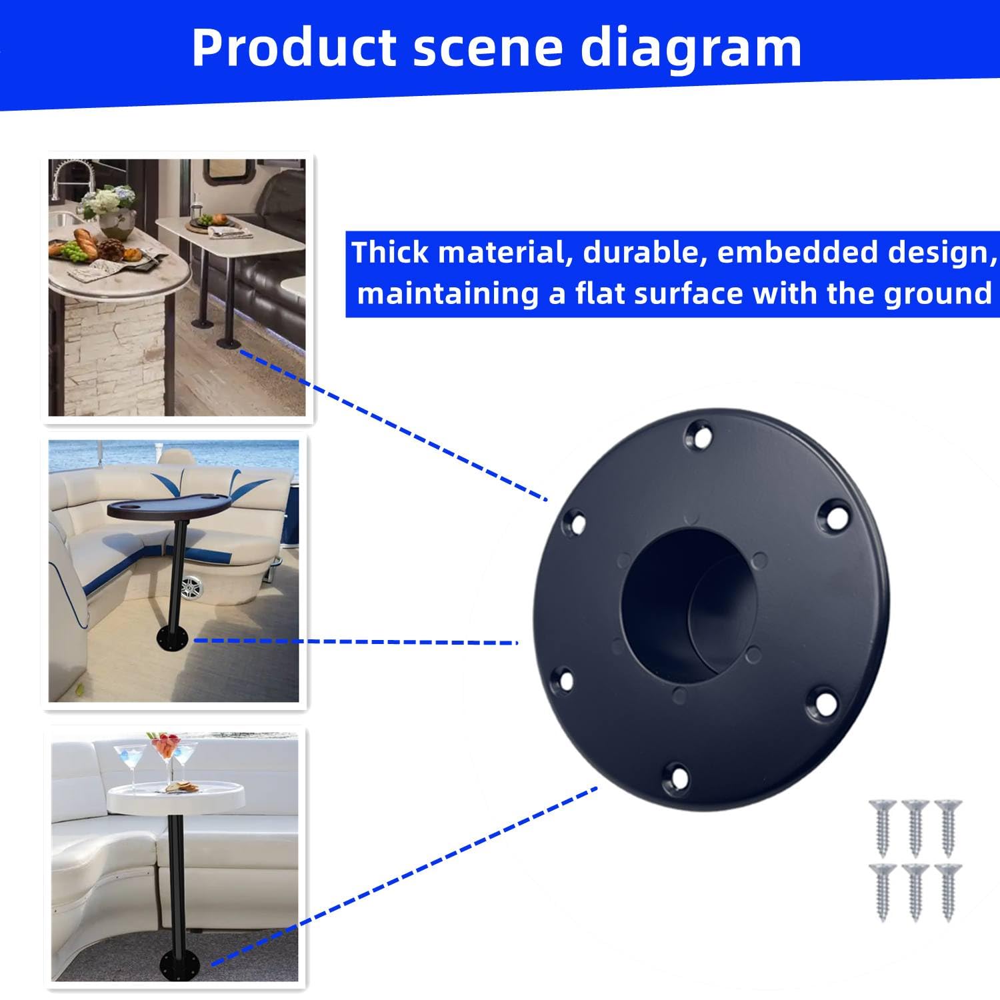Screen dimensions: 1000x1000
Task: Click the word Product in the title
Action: coord(293,48)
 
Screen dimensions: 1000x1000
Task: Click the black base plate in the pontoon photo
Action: coord(175,641)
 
